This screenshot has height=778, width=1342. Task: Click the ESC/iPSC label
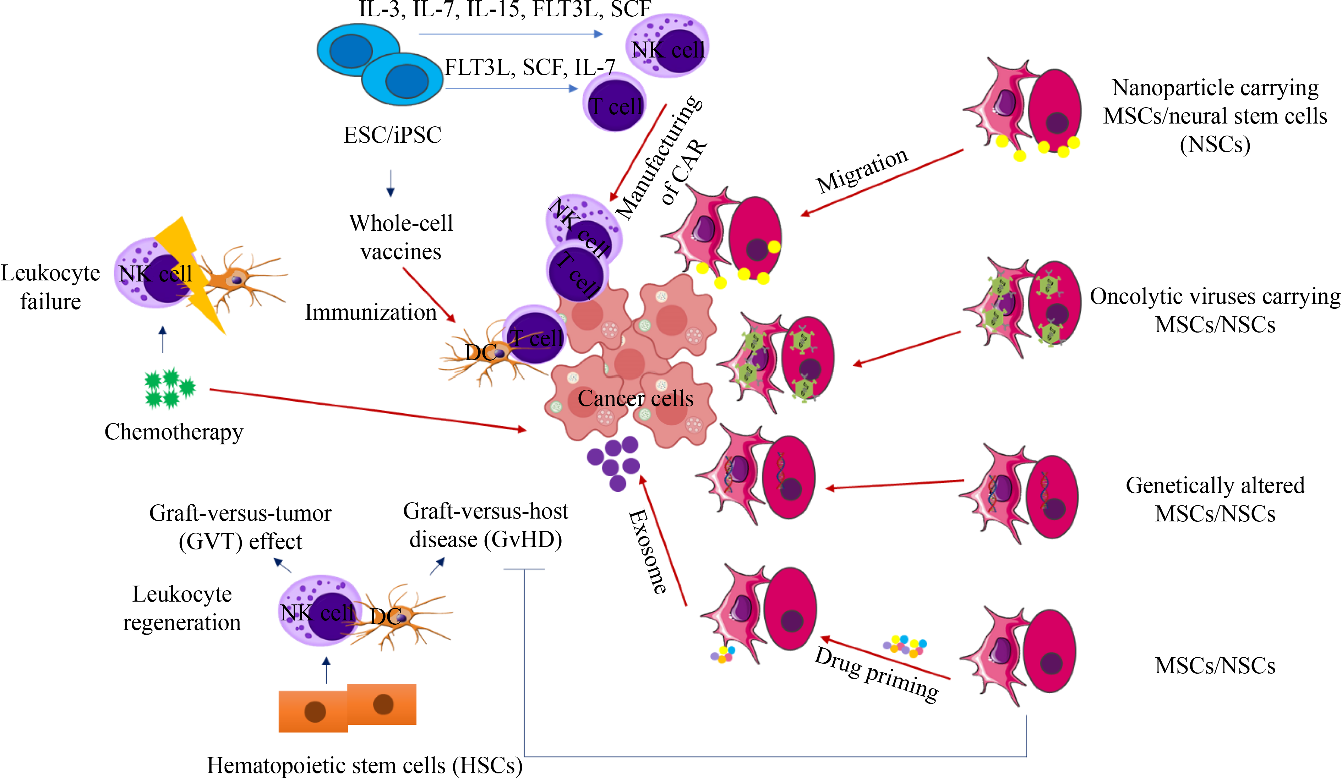coord(393,135)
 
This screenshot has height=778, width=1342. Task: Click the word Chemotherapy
coord(174,432)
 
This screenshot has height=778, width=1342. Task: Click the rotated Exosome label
coord(647,551)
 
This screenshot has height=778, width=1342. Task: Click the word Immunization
coord(371,313)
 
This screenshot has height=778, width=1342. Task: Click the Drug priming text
coord(877,674)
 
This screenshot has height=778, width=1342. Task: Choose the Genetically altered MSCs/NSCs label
coord(1215,499)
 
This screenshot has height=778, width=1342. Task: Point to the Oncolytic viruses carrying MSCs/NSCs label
coord(1215,311)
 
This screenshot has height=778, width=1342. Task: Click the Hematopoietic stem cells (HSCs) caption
coord(365,765)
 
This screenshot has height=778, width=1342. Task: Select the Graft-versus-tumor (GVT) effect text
coord(240,527)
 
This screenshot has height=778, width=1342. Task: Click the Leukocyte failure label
coord(50,287)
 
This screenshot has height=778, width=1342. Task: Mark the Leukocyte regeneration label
coord(182,608)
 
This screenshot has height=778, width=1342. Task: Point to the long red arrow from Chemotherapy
coord(367,409)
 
